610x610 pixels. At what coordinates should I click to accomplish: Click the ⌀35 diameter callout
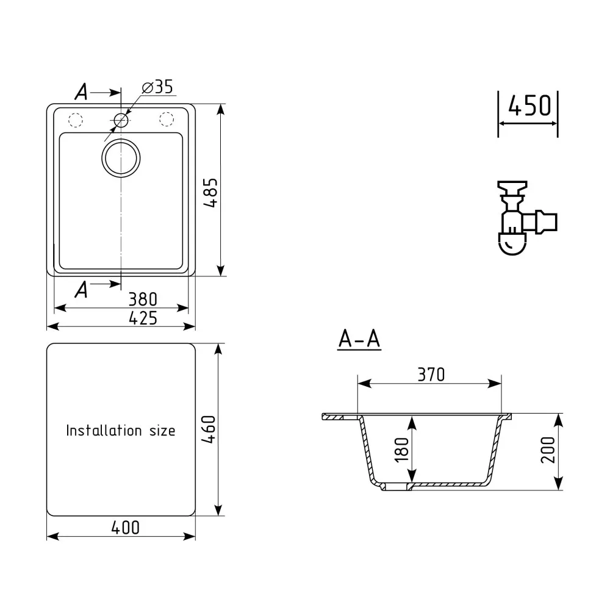click(157, 87)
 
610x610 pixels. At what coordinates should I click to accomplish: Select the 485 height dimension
click(210, 194)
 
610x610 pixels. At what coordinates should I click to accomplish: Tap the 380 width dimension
click(143, 299)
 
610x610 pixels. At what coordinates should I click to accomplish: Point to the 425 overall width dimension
click(143, 318)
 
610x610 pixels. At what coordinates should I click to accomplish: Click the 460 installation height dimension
click(210, 429)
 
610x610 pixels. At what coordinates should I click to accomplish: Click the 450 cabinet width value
click(528, 106)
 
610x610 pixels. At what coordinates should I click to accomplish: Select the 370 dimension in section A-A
click(431, 374)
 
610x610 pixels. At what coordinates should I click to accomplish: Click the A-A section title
click(359, 340)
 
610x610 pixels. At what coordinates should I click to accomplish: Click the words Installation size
click(120, 431)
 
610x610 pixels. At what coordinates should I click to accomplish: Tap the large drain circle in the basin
click(121, 158)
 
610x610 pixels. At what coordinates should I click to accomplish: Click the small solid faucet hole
click(121, 120)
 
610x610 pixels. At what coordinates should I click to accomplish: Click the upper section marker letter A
click(81, 92)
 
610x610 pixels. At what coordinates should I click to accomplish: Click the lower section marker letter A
click(81, 290)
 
